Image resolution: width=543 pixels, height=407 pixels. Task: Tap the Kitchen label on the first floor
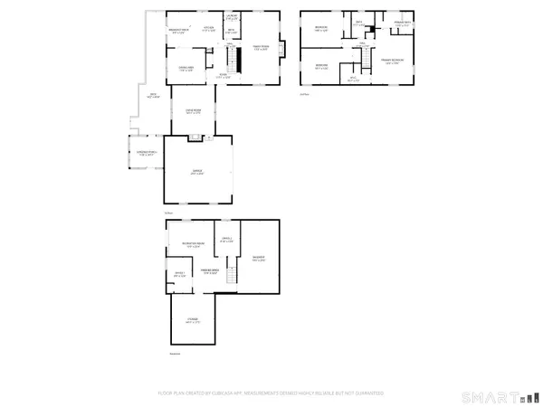pos(209,30)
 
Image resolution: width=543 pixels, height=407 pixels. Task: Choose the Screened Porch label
pos(147,153)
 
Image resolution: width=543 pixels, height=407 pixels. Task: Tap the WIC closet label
pos(355,80)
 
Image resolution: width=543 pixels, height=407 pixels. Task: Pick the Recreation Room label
pos(191,245)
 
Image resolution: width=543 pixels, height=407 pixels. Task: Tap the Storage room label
pos(193,320)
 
